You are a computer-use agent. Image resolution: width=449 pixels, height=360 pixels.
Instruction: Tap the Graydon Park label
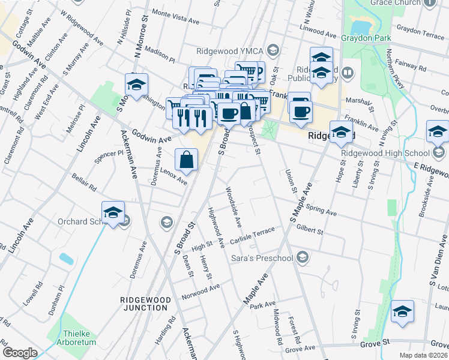tap(366, 38)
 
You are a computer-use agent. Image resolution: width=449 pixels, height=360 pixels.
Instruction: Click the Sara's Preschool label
tap(262, 258)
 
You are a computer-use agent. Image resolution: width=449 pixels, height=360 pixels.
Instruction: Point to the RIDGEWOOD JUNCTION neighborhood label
tap(143, 303)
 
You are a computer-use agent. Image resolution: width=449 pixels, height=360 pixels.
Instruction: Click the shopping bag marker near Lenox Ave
tap(187, 160)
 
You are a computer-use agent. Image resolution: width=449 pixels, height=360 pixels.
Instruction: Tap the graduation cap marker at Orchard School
tap(113, 213)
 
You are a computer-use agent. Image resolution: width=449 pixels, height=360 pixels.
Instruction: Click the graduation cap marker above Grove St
tap(402, 313)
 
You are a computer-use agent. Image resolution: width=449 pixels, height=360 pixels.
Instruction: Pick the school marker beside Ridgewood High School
tap(438, 133)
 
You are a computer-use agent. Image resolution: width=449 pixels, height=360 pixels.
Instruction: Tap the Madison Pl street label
tap(158, 56)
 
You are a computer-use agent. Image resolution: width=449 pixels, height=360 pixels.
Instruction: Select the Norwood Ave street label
tap(201, 292)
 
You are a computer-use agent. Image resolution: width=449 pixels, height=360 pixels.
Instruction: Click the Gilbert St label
tap(310, 229)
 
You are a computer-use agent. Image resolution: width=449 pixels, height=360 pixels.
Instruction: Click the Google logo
tap(20, 353)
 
